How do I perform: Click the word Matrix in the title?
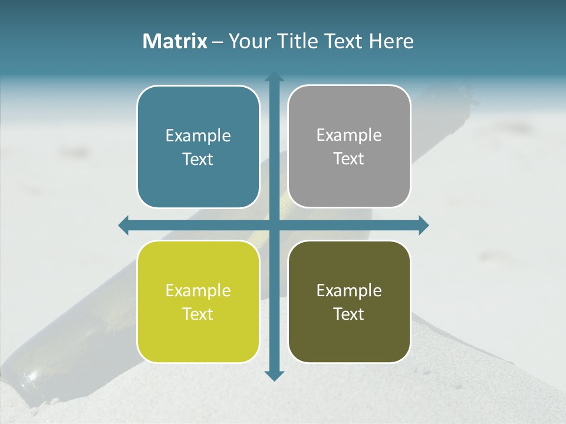point(175,41)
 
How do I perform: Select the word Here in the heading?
point(391,41)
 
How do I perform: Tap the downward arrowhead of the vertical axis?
point(274,375)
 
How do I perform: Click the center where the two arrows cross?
point(274,225)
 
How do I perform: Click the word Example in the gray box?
point(349,135)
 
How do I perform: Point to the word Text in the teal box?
point(198,159)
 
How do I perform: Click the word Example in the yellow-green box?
point(198,291)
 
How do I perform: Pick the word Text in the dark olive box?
point(349,314)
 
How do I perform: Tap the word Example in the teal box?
point(198,136)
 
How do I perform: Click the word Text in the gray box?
point(349,158)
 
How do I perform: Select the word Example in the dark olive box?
point(349,291)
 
